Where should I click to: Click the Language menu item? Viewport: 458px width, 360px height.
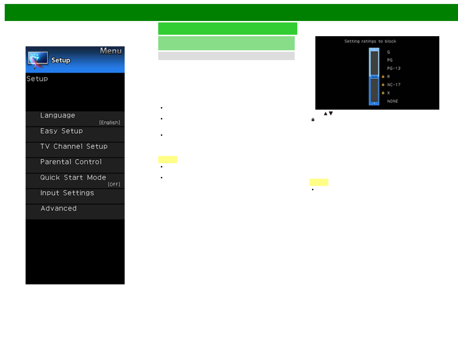(58, 115)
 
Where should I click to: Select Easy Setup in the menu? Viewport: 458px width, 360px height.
(62, 131)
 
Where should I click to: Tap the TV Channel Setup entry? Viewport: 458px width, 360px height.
(74, 147)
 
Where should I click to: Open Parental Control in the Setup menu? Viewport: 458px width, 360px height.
(71, 162)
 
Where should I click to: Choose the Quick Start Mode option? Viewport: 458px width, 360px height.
(73, 178)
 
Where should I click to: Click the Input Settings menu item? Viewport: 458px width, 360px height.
(67, 193)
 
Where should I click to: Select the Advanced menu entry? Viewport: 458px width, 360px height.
(59, 209)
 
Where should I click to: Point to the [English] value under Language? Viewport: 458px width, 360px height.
(110, 123)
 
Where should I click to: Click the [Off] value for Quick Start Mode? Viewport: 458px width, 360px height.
(114, 185)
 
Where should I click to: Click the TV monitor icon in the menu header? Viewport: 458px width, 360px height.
(38, 59)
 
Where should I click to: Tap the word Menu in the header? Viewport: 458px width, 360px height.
(111, 51)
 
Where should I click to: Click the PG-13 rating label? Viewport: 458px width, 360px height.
(394, 68)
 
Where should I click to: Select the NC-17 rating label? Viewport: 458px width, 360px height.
(394, 85)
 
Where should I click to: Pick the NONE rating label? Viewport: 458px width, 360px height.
(392, 101)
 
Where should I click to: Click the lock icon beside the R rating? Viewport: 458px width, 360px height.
(383, 77)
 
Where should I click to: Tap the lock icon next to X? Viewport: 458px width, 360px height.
(383, 93)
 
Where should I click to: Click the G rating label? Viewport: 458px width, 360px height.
(388, 52)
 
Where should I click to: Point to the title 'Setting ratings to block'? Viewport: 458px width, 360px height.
(370, 41)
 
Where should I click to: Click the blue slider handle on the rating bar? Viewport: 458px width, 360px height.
(374, 77)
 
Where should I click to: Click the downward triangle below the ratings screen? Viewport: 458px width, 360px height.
(331, 114)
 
